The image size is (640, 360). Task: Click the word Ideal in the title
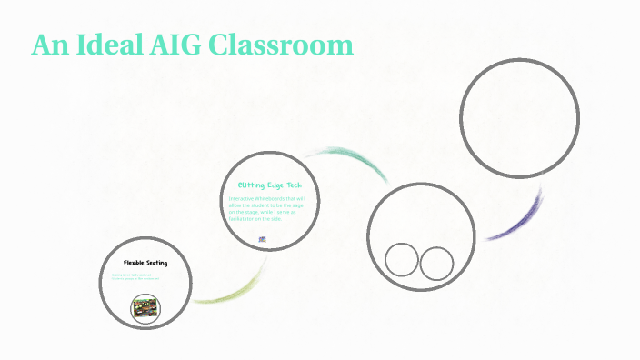[105, 45]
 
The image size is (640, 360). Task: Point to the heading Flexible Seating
[145, 263]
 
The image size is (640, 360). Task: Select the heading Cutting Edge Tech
[268, 185]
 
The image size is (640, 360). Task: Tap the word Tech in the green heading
[291, 185]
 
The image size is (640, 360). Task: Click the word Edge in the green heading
[270, 185]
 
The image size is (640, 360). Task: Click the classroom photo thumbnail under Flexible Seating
[145, 310]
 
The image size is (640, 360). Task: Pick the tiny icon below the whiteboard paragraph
[263, 239]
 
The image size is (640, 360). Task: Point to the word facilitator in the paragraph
[246, 219]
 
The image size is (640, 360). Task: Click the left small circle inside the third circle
[401, 260]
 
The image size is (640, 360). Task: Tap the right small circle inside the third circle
[436, 264]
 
